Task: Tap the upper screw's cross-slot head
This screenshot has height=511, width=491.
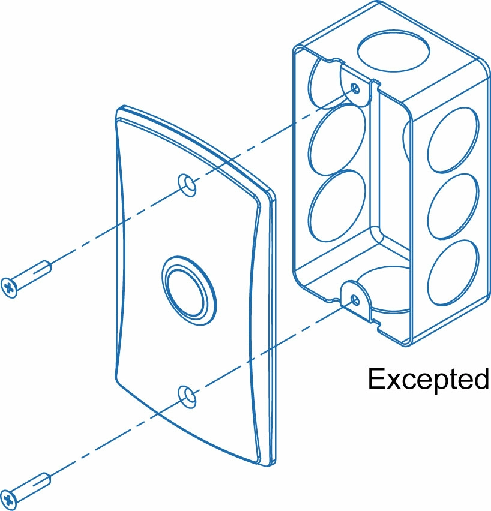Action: click(x=10, y=287)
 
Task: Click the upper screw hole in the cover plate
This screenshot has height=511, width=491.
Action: click(x=187, y=185)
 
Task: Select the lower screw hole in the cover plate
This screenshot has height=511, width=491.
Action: click(x=187, y=396)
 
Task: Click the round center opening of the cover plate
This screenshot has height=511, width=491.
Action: click(x=189, y=290)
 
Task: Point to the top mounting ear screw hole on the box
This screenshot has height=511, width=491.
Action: click(x=355, y=88)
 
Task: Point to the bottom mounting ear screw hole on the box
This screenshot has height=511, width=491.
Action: click(x=355, y=299)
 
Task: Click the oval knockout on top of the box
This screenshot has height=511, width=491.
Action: click(x=393, y=51)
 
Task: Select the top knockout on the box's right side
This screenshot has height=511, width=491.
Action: click(x=453, y=140)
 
